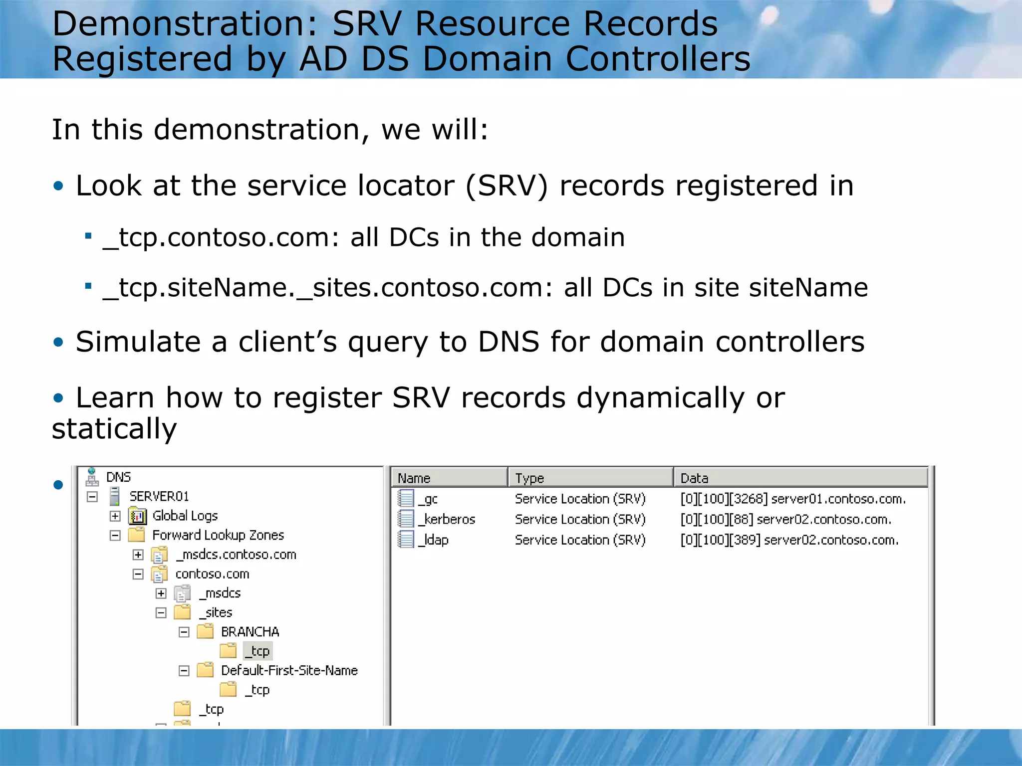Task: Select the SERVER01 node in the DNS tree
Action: (x=159, y=496)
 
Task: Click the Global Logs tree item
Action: (x=185, y=516)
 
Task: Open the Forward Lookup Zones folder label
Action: (x=218, y=535)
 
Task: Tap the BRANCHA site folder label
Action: (x=250, y=632)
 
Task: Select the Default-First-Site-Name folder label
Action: (x=289, y=671)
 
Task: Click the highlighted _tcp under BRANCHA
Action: (x=258, y=651)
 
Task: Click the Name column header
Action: (x=414, y=478)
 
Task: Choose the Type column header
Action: (x=529, y=478)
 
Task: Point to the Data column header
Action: (x=694, y=478)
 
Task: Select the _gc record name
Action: (x=428, y=499)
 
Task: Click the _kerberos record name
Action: (x=447, y=520)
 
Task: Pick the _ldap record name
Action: (x=434, y=540)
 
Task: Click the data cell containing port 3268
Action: (x=793, y=499)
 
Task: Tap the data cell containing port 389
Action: (x=789, y=540)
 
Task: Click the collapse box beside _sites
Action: (x=161, y=613)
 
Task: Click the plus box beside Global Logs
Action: (x=115, y=516)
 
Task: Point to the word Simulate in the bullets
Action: (x=138, y=342)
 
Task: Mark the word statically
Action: (x=114, y=429)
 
